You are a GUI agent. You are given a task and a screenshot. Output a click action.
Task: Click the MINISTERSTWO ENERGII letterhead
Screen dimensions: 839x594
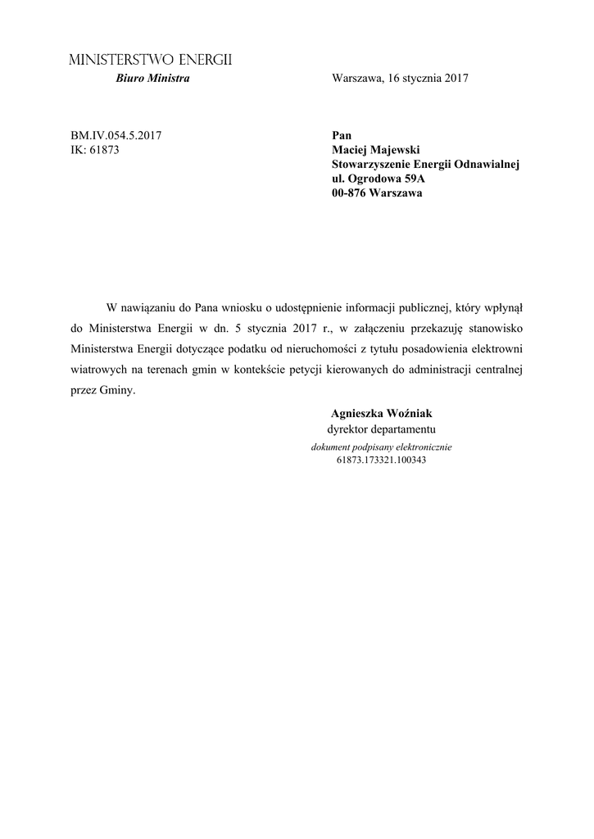[150, 61]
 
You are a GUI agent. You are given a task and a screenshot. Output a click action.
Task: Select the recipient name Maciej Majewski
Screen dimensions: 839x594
[378, 150]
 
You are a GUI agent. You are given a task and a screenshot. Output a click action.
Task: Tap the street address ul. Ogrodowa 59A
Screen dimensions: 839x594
[379, 179]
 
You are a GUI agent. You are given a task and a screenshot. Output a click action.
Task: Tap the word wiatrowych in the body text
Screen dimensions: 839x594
[95, 370]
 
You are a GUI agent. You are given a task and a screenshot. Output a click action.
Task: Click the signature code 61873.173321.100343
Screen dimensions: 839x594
[381, 460]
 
